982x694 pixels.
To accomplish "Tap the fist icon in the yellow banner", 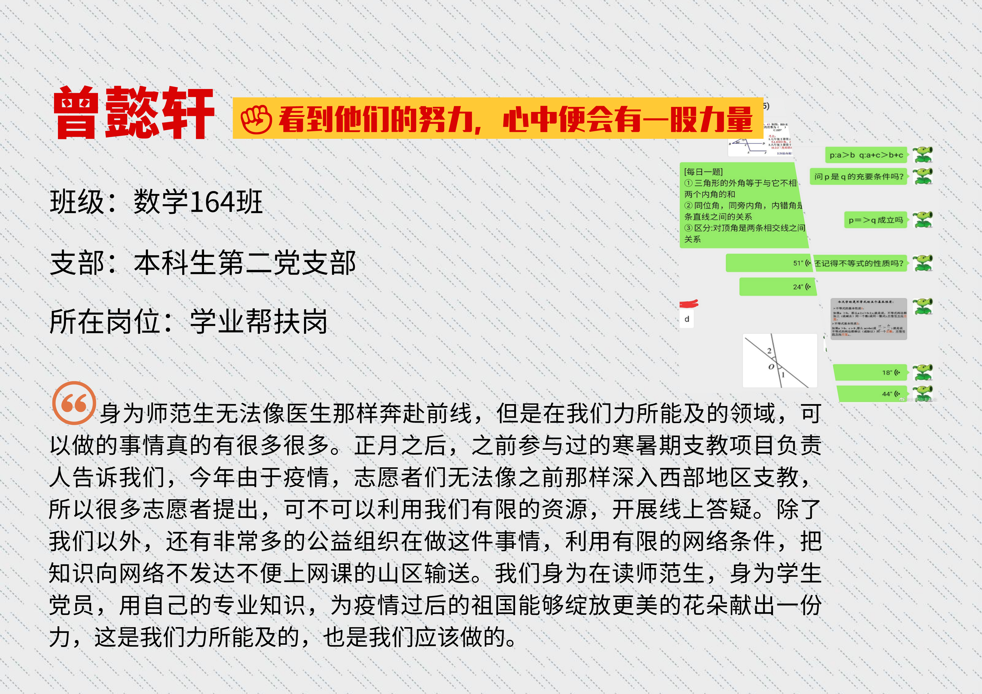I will [x=256, y=119].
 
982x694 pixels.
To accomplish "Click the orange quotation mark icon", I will [x=74, y=403].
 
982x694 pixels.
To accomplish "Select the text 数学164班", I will [x=198, y=202].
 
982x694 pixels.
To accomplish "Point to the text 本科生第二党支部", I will [x=245, y=262].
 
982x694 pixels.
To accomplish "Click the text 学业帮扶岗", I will [x=259, y=322].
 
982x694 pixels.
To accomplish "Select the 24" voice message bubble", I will [x=778, y=287].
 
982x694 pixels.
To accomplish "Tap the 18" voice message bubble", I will [x=870, y=372].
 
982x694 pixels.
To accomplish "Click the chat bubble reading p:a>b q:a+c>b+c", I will [x=866, y=155].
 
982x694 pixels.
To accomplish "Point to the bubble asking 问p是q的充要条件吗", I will [x=858, y=177].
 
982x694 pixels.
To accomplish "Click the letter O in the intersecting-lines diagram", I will [x=771, y=367].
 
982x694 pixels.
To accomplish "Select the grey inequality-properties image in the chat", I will [x=868, y=318].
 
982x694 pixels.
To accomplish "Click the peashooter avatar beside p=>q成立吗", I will [x=923, y=220].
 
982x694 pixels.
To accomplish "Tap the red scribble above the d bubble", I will [x=689, y=304].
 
